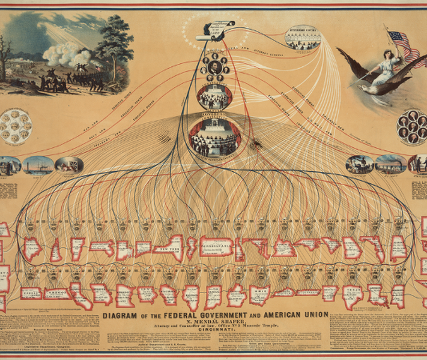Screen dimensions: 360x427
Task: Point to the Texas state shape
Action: pyautogui.click(x=352, y=295)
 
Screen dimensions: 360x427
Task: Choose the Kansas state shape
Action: pyautogui.click(x=31, y=293)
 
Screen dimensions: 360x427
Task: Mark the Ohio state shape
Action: pyautogui.click(x=260, y=294)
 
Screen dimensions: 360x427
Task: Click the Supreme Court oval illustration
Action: pyautogui.click(x=303, y=37)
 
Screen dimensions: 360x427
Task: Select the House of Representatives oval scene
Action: pyautogui.click(x=214, y=136)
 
